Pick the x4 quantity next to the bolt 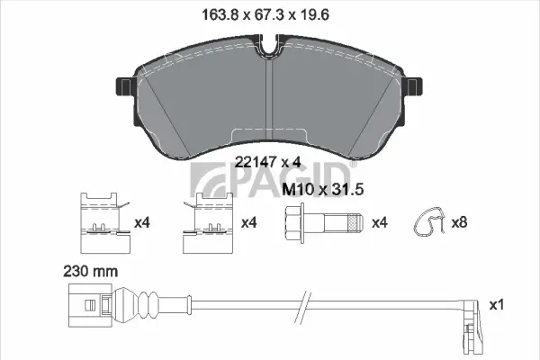[379, 221]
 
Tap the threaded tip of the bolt [355, 221]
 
